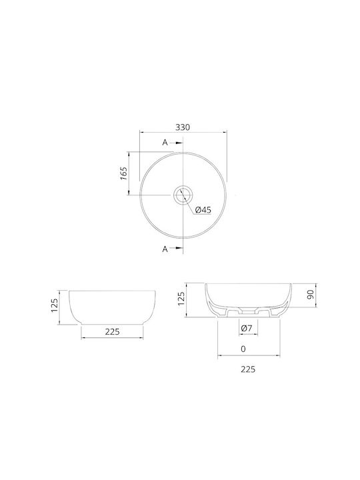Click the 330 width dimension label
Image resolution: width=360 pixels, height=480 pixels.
pyautogui.click(x=183, y=127)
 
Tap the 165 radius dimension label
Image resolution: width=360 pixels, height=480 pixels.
pyautogui.click(x=124, y=173)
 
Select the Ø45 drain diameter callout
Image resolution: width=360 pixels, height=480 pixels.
pyautogui.click(x=203, y=210)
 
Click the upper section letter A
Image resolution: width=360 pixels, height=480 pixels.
pyautogui.click(x=165, y=143)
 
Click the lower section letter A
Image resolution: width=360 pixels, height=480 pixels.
pyautogui.click(x=165, y=249)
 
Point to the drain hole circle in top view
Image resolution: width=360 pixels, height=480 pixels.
pyautogui.click(x=183, y=187)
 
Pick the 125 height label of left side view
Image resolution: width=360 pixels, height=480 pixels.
pyautogui.click(x=54, y=305)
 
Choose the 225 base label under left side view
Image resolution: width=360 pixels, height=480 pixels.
pyautogui.click(x=113, y=331)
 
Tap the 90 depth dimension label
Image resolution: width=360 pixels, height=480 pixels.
pyautogui.click(x=311, y=295)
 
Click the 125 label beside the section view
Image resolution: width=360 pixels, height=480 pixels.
pyautogui.click(x=181, y=298)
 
